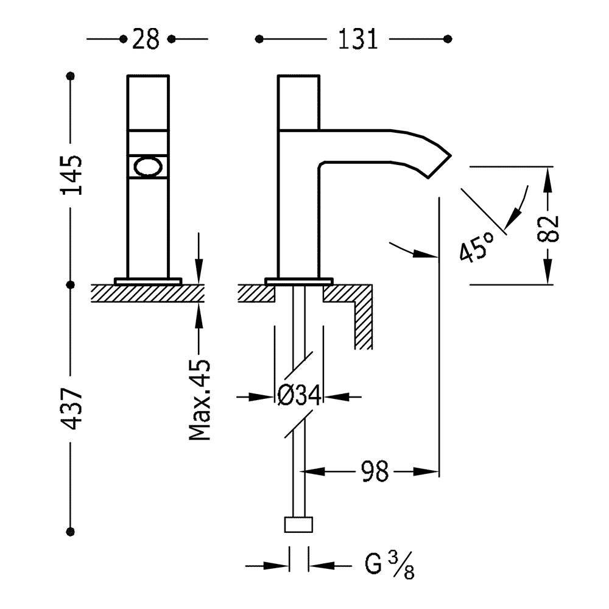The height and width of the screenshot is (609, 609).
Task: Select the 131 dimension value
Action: click(354, 40)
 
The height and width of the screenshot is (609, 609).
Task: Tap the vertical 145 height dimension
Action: click(72, 175)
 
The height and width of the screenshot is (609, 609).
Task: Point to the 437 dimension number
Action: click(72, 409)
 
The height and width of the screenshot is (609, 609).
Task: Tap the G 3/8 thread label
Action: click(390, 566)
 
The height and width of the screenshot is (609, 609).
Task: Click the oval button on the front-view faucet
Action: click(147, 166)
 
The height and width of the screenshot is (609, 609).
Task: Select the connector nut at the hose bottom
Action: click(298, 526)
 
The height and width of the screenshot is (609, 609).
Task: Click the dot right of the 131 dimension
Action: click(448, 40)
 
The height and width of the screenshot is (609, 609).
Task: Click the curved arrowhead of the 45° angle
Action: click(518, 213)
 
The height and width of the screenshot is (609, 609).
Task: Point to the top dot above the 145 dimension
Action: click(71, 77)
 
